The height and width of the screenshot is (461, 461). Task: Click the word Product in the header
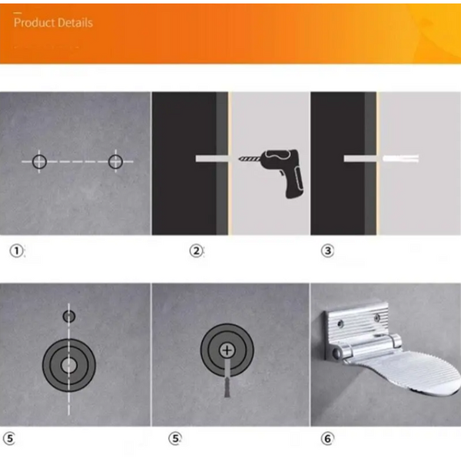coord(34,22)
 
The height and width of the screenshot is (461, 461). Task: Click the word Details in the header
coord(75,22)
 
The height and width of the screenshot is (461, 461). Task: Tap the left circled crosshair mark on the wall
coord(39,161)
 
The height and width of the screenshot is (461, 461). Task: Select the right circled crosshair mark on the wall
coord(115,161)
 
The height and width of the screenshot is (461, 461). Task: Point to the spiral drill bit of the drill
coord(249,159)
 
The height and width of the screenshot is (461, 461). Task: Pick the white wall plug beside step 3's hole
coord(401,158)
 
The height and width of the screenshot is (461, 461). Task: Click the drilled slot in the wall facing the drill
coord(212,158)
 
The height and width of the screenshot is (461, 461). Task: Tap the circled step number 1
coord(16,250)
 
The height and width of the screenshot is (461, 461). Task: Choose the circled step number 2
coord(196,250)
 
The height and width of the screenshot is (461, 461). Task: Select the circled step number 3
coord(327,250)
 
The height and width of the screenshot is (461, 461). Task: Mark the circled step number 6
coord(327,439)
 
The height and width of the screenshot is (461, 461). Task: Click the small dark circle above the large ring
coord(69,317)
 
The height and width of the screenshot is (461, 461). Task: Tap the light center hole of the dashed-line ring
coord(69,365)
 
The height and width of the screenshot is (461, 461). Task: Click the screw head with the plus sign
coord(227,350)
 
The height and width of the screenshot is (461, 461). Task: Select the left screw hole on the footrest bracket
coord(340,323)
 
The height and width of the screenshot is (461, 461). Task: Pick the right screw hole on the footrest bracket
coord(377,317)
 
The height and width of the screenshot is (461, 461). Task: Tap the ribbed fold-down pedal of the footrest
coord(412,371)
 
